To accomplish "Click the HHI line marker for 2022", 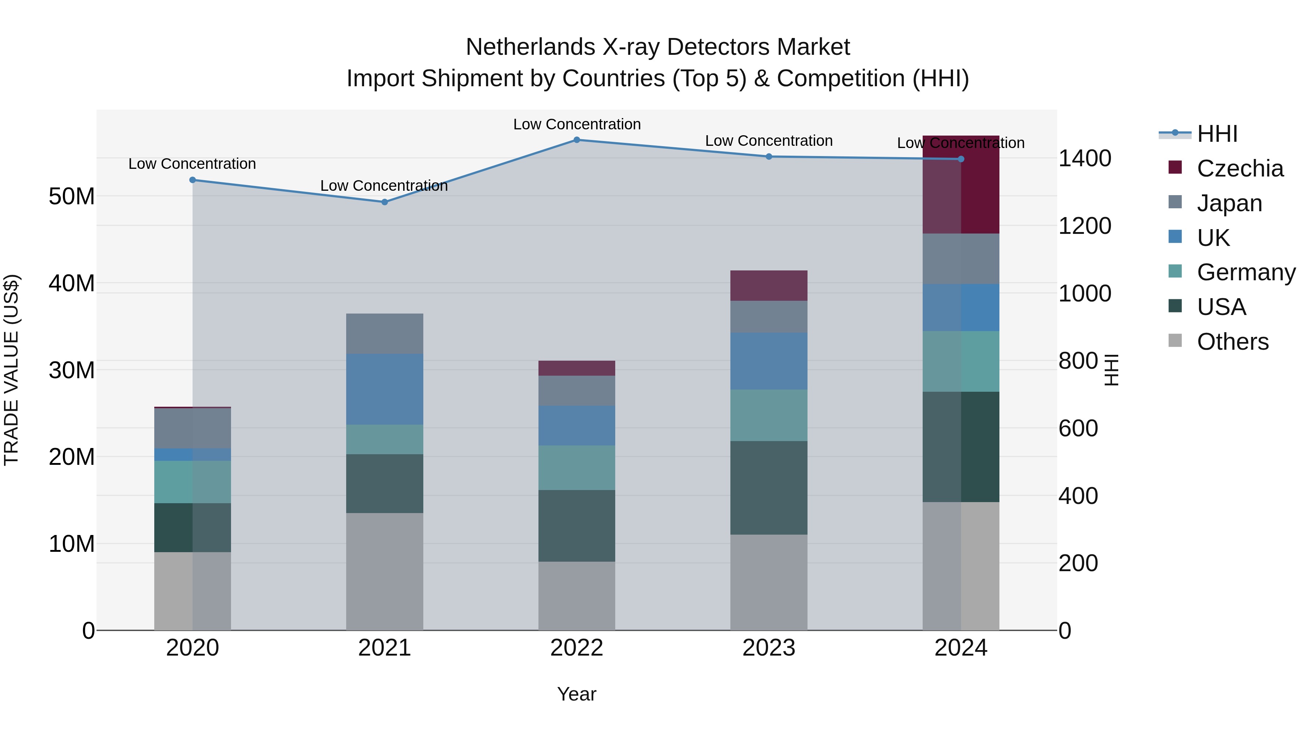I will [x=577, y=140].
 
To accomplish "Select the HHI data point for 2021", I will [x=385, y=202].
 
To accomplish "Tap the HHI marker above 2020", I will [x=193, y=180].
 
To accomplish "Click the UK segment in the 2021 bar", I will [x=385, y=389].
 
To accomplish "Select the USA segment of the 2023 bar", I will [x=769, y=488].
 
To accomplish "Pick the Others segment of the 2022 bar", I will [x=577, y=596].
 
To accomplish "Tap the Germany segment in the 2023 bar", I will [x=769, y=415].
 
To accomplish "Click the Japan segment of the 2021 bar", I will [x=385, y=334].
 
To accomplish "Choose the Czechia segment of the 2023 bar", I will [x=769, y=285].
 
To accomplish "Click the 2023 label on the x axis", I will [x=769, y=648].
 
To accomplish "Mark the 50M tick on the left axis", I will [x=72, y=197].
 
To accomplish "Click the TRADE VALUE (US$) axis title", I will [x=11, y=370].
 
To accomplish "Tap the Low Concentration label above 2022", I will [x=577, y=124].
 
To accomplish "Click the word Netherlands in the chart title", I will [x=530, y=47].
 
